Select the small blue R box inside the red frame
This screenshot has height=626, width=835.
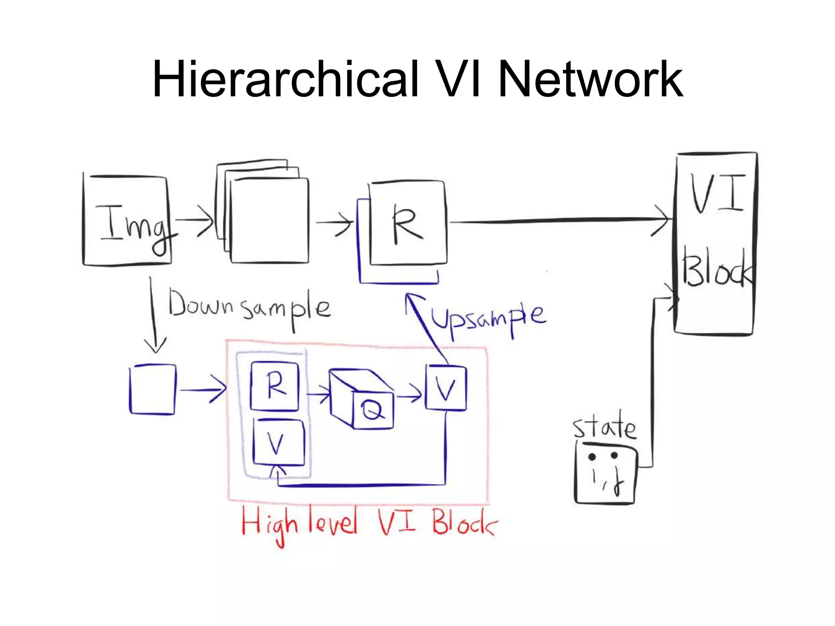point(275,386)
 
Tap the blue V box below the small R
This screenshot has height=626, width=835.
point(278,443)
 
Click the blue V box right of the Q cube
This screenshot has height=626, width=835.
point(446,388)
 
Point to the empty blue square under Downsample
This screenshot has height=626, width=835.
point(152,390)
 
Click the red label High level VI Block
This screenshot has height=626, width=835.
point(369,524)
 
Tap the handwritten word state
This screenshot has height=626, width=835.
point(604,428)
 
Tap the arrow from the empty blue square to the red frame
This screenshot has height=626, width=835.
point(203,390)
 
